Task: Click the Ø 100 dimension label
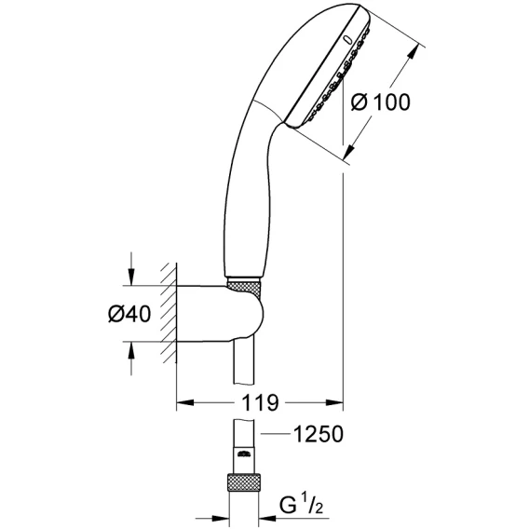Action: click(380, 102)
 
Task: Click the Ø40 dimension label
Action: click(129, 314)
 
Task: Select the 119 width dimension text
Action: click(260, 402)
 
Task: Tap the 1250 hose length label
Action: click(319, 434)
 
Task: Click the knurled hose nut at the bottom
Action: click(245, 482)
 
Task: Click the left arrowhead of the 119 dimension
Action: click(185, 402)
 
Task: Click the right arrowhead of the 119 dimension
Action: click(334, 402)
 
